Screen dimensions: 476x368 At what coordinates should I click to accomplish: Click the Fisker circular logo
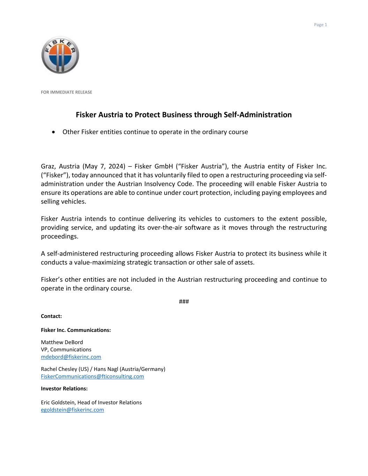point(60,55)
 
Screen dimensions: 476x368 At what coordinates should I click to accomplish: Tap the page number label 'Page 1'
point(320,25)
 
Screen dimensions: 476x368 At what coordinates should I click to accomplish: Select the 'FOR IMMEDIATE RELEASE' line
point(66,92)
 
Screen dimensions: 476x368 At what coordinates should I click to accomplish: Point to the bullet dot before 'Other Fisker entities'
point(53,132)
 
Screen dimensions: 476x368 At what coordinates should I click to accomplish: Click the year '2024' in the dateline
point(115,166)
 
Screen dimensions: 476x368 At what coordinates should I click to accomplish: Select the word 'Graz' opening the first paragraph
point(48,166)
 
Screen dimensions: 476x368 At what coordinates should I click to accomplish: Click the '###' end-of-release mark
point(184,302)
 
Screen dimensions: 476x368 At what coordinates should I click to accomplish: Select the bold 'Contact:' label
point(51,316)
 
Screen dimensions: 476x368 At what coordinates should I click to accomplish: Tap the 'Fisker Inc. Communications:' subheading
point(76,330)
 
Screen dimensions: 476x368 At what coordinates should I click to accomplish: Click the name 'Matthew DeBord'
point(62,342)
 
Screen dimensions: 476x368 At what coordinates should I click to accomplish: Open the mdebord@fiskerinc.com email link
point(71,357)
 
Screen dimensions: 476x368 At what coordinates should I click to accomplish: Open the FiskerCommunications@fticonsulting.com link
point(92,376)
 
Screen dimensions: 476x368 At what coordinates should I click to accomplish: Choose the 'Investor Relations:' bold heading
point(64,388)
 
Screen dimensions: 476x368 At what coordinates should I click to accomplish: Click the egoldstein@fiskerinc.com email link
point(72,410)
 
